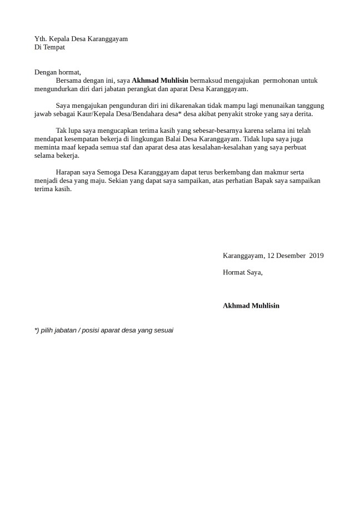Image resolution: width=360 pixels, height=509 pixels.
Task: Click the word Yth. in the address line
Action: click(x=41, y=39)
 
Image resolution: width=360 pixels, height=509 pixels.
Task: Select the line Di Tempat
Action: click(x=49, y=47)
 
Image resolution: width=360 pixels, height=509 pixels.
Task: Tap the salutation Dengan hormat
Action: click(x=58, y=72)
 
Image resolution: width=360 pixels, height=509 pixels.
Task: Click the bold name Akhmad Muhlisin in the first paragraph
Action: click(x=160, y=81)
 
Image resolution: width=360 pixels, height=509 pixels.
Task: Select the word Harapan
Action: click(x=69, y=172)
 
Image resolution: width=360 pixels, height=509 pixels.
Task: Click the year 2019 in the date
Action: click(x=316, y=256)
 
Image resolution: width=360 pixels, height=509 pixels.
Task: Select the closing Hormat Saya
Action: click(x=242, y=272)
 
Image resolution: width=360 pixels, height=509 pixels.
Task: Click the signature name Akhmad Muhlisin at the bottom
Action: click(x=251, y=306)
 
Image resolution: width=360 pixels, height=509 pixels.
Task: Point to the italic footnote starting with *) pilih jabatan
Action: click(x=104, y=330)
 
